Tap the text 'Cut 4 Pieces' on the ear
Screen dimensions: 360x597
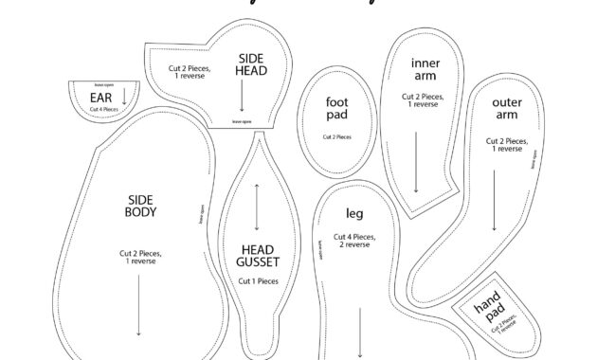[103, 110]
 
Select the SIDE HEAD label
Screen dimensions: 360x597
[252, 64]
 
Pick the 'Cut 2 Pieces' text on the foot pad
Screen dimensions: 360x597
[337, 137]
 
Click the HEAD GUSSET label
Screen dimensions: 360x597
[257, 257]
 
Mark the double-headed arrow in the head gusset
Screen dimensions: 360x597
[257, 205]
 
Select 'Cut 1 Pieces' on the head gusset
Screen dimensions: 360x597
[258, 281]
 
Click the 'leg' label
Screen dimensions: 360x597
[354, 213]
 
